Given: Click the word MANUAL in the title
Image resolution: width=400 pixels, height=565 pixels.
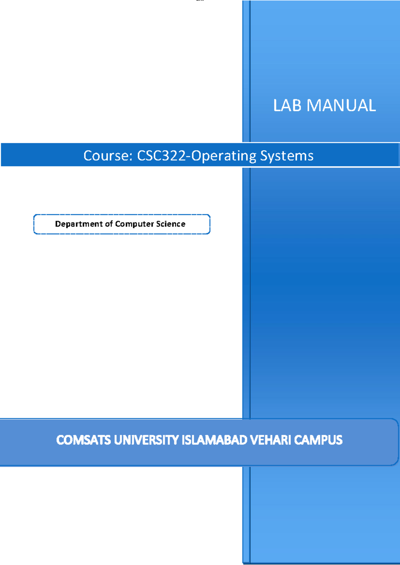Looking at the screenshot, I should point(341,106).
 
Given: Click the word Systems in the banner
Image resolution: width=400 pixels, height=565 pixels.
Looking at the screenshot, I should point(287,156).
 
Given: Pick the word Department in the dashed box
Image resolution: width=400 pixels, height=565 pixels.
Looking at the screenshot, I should point(79,224).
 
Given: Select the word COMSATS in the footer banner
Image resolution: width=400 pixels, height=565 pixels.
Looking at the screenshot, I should point(83,440).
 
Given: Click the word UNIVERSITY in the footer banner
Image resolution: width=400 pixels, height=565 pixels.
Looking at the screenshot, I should point(146,440).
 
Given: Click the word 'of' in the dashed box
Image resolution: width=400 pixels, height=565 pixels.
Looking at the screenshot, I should point(109,224).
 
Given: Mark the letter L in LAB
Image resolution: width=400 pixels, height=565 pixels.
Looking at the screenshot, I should point(277,106).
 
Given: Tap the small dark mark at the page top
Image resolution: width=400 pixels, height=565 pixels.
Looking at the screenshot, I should point(200,1).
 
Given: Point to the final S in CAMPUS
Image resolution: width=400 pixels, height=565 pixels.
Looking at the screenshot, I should point(339,440).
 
